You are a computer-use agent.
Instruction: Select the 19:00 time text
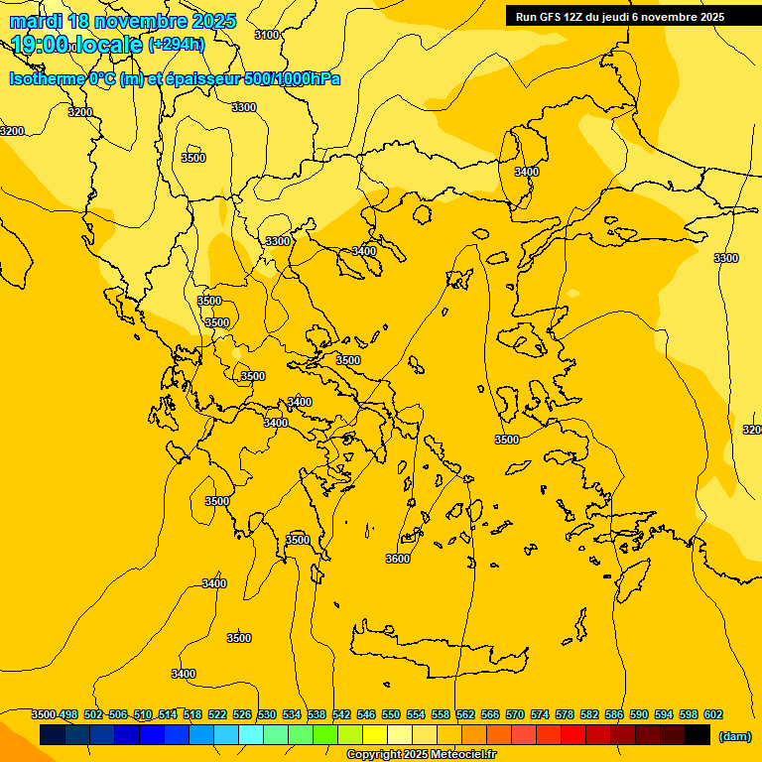[x=40, y=45]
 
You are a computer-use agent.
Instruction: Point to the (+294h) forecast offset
[x=177, y=45]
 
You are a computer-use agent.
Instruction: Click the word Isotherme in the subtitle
[x=46, y=79]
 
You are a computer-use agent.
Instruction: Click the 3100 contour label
[x=267, y=35]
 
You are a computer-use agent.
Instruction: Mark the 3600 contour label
[x=398, y=559]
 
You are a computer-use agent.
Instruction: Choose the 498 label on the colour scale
[x=68, y=714]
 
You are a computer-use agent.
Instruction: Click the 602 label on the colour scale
[x=713, y=714]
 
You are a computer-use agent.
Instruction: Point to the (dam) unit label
[x=735, y=737]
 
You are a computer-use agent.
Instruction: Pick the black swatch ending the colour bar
[x=698, y=735]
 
